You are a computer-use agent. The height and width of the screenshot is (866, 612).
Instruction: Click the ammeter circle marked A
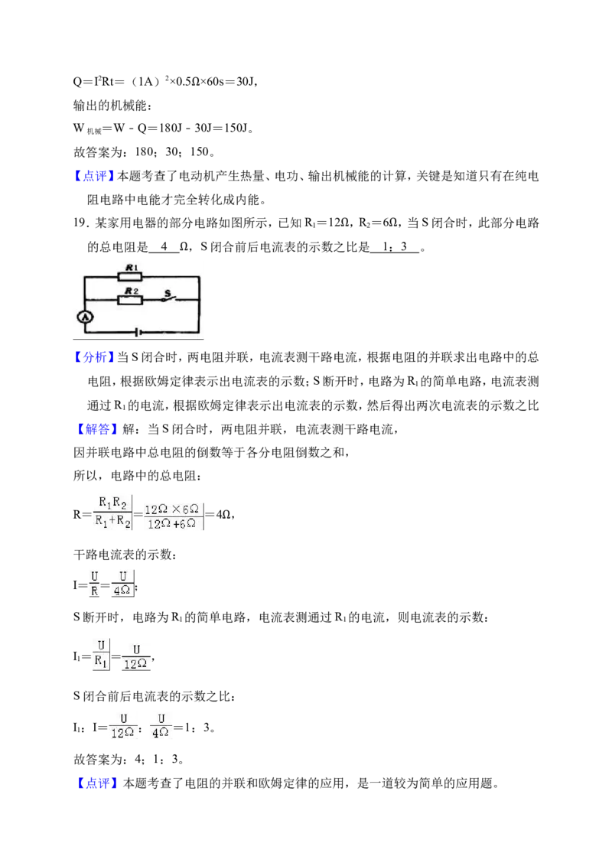85,317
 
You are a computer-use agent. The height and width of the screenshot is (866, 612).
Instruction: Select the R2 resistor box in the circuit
130,300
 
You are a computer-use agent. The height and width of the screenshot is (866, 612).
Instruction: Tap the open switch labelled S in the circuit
168,297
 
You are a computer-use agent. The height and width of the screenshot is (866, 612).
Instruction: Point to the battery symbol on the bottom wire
138,333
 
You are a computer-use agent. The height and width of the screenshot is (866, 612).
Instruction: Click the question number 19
81,223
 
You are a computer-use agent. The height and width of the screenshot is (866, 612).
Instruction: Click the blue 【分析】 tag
93,357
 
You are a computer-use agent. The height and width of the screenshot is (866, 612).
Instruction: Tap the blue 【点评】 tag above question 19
93,176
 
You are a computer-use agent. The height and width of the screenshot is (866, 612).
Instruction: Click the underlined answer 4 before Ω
164,247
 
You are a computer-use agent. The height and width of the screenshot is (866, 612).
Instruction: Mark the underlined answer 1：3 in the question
395,247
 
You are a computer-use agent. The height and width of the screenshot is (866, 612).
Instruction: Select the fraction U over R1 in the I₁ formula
100,654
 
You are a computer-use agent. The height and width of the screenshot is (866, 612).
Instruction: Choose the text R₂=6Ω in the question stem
379,223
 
